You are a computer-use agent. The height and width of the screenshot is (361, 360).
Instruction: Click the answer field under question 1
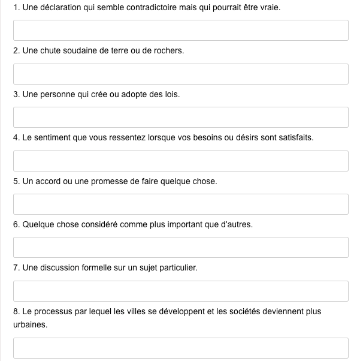click(x=180, y=31)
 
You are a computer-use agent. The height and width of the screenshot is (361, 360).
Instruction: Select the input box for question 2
click(x=180, y=74)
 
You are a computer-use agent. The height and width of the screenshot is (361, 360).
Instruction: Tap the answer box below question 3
click(x=180, y=117)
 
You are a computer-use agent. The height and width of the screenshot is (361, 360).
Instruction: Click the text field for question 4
click(x=180, y=161)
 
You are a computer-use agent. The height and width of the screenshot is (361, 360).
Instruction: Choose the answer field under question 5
click(x=180, y=204)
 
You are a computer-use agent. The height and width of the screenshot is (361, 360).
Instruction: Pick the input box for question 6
click(x=180, y=247)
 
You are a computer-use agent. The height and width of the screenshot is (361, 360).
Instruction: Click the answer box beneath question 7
click(x=180, y=291)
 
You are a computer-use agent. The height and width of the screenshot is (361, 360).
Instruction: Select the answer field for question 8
click(x=180, y=348)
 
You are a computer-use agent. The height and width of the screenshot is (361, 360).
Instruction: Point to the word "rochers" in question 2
click(x=170, y=51)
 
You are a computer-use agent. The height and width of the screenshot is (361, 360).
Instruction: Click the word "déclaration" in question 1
click(x=59, y=8)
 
